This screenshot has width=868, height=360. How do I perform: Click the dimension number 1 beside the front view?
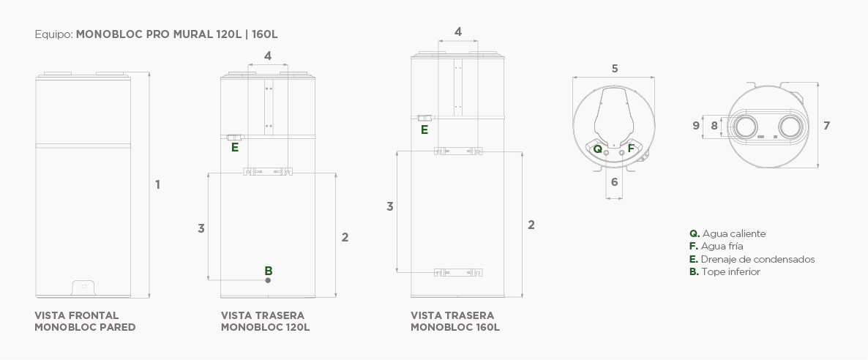(x=158, y=184)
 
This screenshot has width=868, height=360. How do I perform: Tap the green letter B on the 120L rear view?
(x=269, y=271)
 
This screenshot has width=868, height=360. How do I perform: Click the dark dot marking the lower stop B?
(x=268, y=280)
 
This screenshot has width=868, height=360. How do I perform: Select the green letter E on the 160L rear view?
(x=424, y=130)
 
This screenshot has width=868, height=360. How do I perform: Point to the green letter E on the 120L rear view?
(x=235, y=147)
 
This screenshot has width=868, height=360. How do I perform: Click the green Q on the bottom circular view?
(x=597, y=149)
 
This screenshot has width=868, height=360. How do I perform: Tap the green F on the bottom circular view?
(x=631, y=149)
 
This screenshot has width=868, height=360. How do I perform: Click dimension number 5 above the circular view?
(x=615, y=69)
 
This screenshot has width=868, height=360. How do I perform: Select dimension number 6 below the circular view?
(x=615, y=182)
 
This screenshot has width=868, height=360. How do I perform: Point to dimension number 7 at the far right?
(x=826, y=126)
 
